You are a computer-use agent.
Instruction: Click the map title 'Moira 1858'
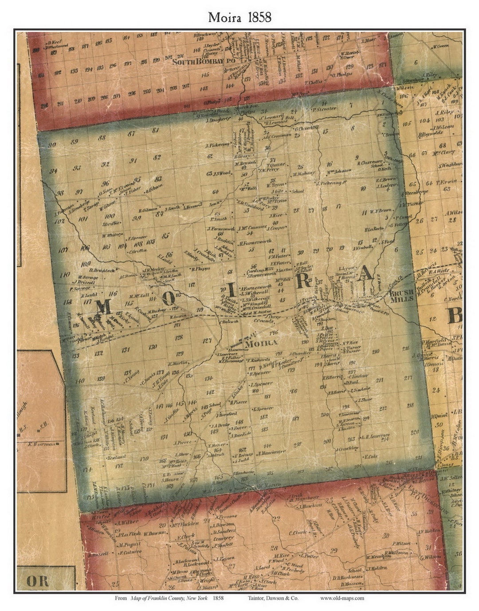240,17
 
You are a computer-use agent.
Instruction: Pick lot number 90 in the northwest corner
52,145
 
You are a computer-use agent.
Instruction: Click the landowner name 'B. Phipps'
200,269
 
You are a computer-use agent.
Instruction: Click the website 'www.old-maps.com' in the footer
342,598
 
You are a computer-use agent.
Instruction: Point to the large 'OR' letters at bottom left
37,581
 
